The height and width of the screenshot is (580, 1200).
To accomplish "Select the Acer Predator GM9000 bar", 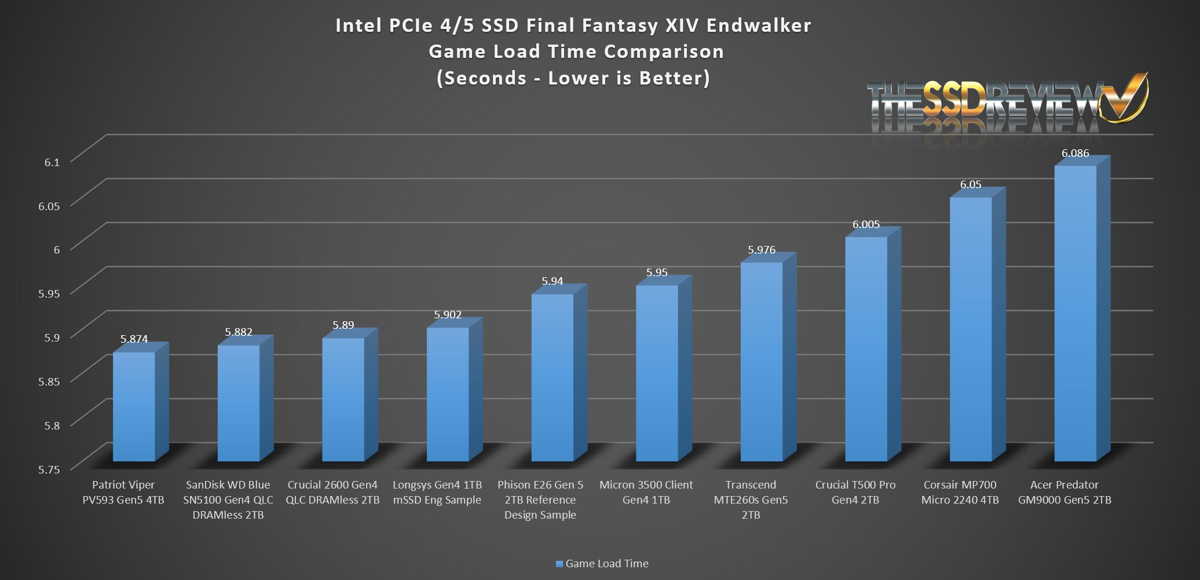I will point(1075,313).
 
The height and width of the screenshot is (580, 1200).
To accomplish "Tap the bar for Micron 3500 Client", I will point(657,373).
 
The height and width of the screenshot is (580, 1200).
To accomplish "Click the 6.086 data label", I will point(1075,153).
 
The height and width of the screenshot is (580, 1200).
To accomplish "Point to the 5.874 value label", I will point(134,339).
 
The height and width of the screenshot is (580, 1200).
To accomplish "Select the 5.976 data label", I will point(761,250).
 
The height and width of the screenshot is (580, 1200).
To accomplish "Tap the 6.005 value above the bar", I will point(866,225).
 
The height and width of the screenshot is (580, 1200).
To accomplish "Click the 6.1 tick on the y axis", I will point(52,162).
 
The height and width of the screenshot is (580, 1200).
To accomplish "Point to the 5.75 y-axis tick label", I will point(49,469).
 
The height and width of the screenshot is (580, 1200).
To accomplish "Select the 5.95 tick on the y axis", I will point(49,293).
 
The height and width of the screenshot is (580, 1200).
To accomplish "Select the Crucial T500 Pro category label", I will point(855,492).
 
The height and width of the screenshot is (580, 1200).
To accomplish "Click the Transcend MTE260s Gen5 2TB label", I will point(751,500).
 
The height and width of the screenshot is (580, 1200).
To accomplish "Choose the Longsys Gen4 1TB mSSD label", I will point(437,492).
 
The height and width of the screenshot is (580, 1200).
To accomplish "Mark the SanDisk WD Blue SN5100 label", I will point(228,500).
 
